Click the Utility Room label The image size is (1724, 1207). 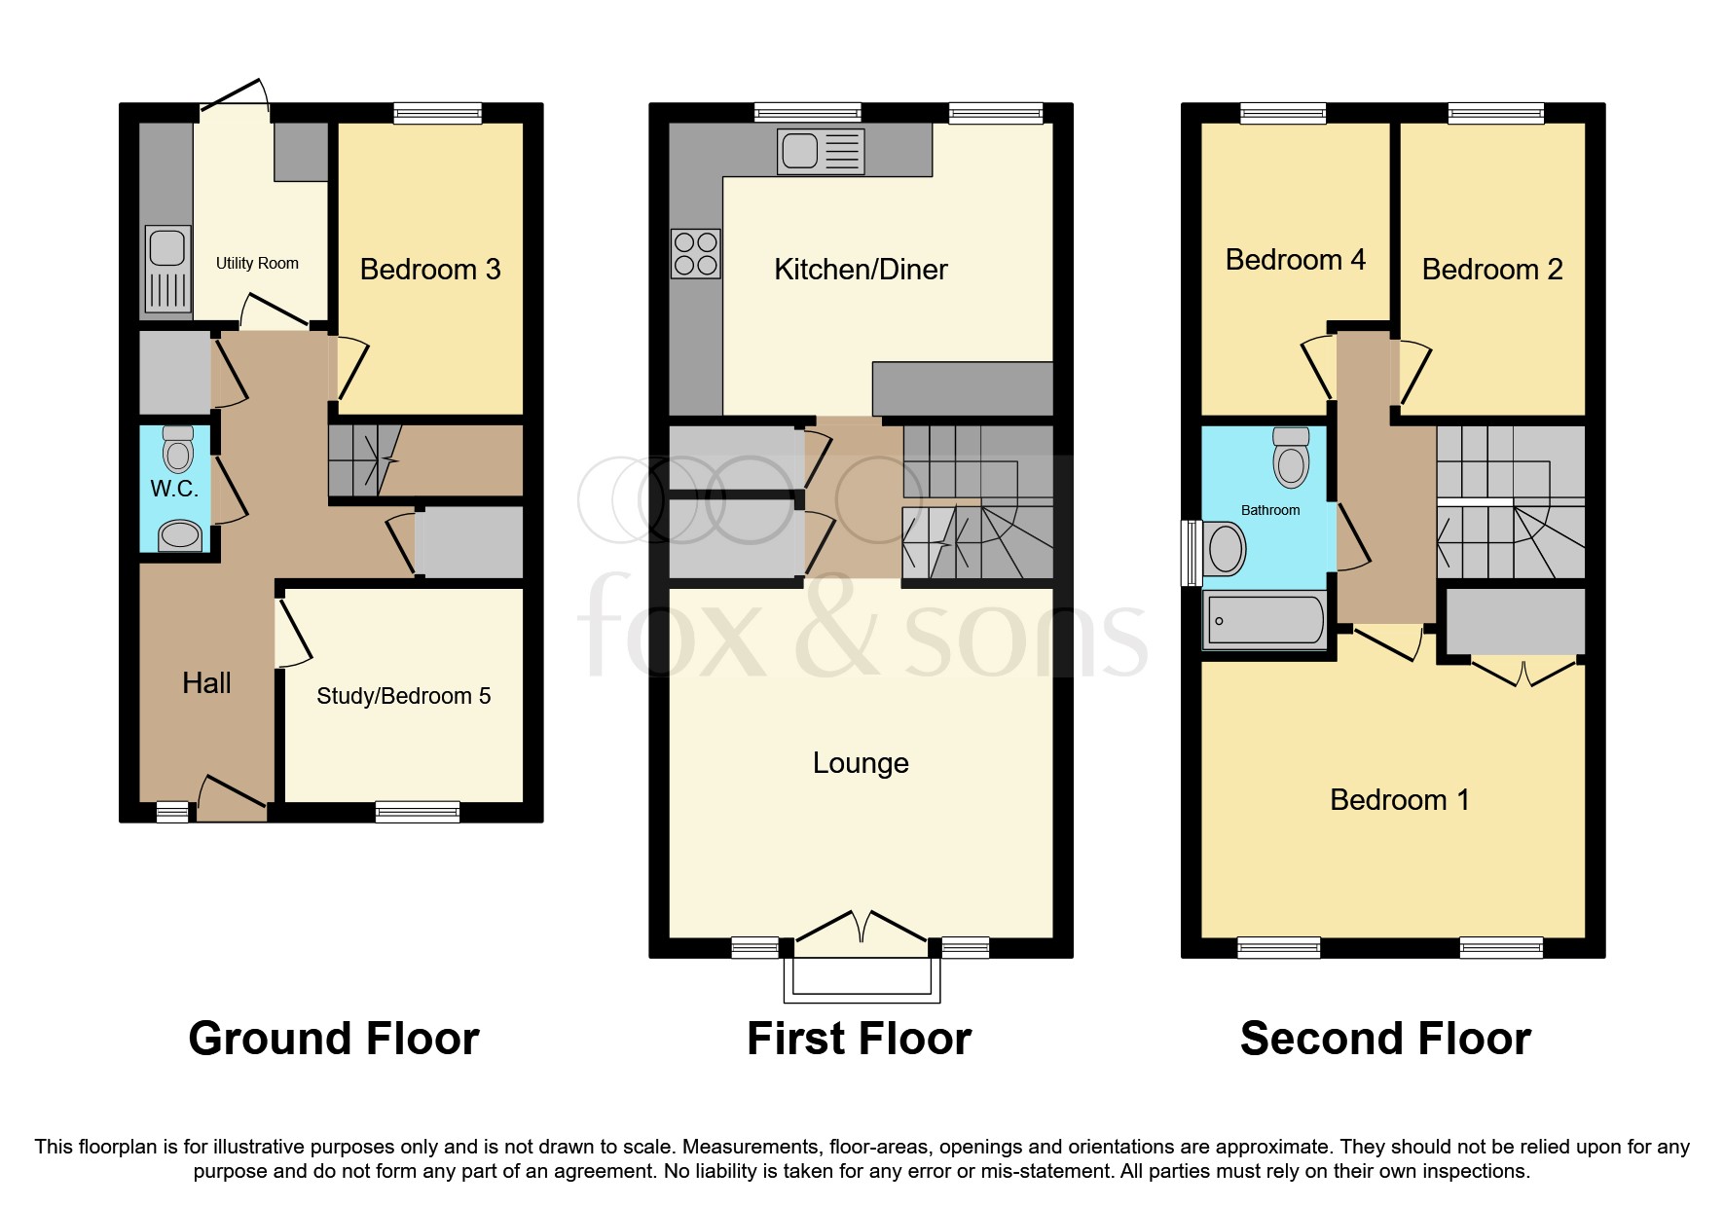pos(257,263)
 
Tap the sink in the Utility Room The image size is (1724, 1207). pos(167,269)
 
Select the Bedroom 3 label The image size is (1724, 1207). pos(429,270)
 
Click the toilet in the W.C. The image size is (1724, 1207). pos(178,451)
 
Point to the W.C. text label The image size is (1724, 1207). pos(174,489)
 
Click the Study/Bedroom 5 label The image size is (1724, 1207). pos(403,696)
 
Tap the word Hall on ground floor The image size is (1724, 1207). pos(206,683)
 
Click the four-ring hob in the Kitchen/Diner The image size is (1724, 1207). pos(696,253)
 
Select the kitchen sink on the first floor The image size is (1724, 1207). pos(821,152)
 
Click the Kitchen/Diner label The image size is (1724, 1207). pos(861,270)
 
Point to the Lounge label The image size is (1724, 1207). pos(861,763)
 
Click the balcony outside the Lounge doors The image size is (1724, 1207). pos(862,978)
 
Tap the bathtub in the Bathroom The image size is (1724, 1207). pos(1265,620)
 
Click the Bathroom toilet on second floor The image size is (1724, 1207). pos(1291,457)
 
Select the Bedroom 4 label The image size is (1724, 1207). pos(1295,260)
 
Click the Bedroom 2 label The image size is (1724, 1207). pos(1491,270)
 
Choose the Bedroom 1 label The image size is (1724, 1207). pos(1399,800)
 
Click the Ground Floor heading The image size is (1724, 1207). pos(334,1039)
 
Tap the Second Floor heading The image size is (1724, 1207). pos(1385,1039)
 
